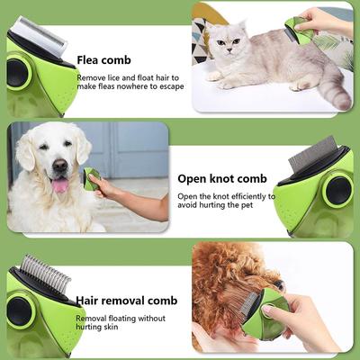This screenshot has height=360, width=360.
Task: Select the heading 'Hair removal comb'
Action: click(x=125, y=301)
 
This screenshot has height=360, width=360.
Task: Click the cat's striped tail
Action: click(x=335, y=90)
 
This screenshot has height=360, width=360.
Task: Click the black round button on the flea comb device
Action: click(x=17, y=73)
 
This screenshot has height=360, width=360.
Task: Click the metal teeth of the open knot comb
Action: click(x=311, y=152)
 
